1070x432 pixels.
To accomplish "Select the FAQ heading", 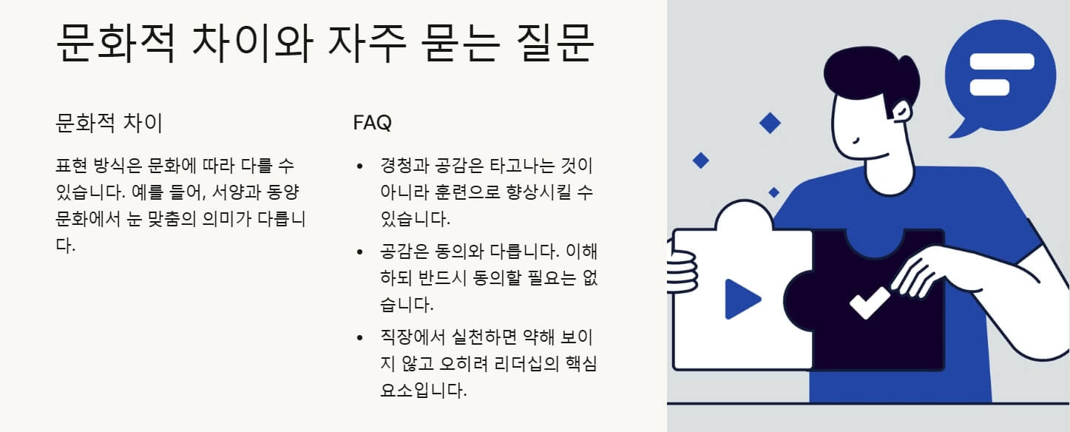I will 372,123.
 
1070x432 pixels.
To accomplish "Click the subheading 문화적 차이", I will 109,123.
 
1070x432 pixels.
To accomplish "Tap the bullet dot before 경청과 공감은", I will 360,166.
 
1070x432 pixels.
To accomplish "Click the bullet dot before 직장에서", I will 360,338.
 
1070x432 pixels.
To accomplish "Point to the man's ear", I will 903,112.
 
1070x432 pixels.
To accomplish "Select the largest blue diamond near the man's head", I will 770,123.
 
